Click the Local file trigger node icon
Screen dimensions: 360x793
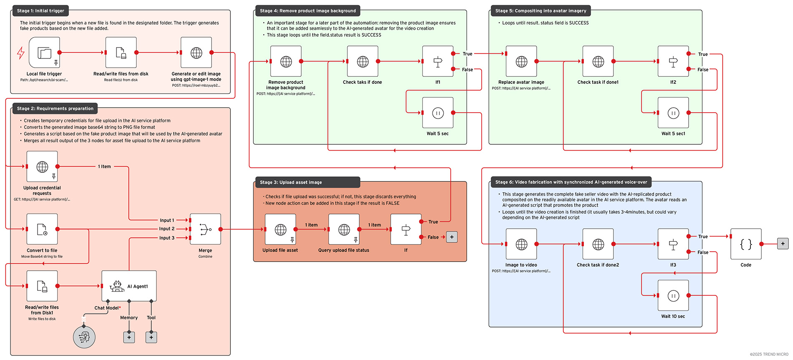(44, 53)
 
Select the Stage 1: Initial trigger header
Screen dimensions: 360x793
(40, 11)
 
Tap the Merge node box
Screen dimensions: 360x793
(205, 229)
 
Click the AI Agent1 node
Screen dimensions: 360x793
(129, 286)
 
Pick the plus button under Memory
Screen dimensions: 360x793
(129, 337)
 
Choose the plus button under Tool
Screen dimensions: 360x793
(151, 337)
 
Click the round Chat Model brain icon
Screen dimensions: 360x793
(84, 337)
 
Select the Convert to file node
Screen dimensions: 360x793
(42, 229)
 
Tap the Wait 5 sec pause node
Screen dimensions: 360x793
(438, 113)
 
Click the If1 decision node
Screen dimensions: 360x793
(438, 61)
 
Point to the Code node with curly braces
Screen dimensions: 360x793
(746, 244)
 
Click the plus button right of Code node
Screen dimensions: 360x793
(783, 244)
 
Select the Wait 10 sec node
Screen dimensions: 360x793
(673, 296)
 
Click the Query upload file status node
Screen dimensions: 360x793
(344, 229)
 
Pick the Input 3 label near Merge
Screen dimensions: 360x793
(167, 238)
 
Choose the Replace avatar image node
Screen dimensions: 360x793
(521, 61)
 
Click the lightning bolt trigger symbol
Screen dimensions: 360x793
(20, 53)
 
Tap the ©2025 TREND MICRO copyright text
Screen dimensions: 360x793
(769, 354)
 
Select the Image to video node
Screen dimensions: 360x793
(521, 244)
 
